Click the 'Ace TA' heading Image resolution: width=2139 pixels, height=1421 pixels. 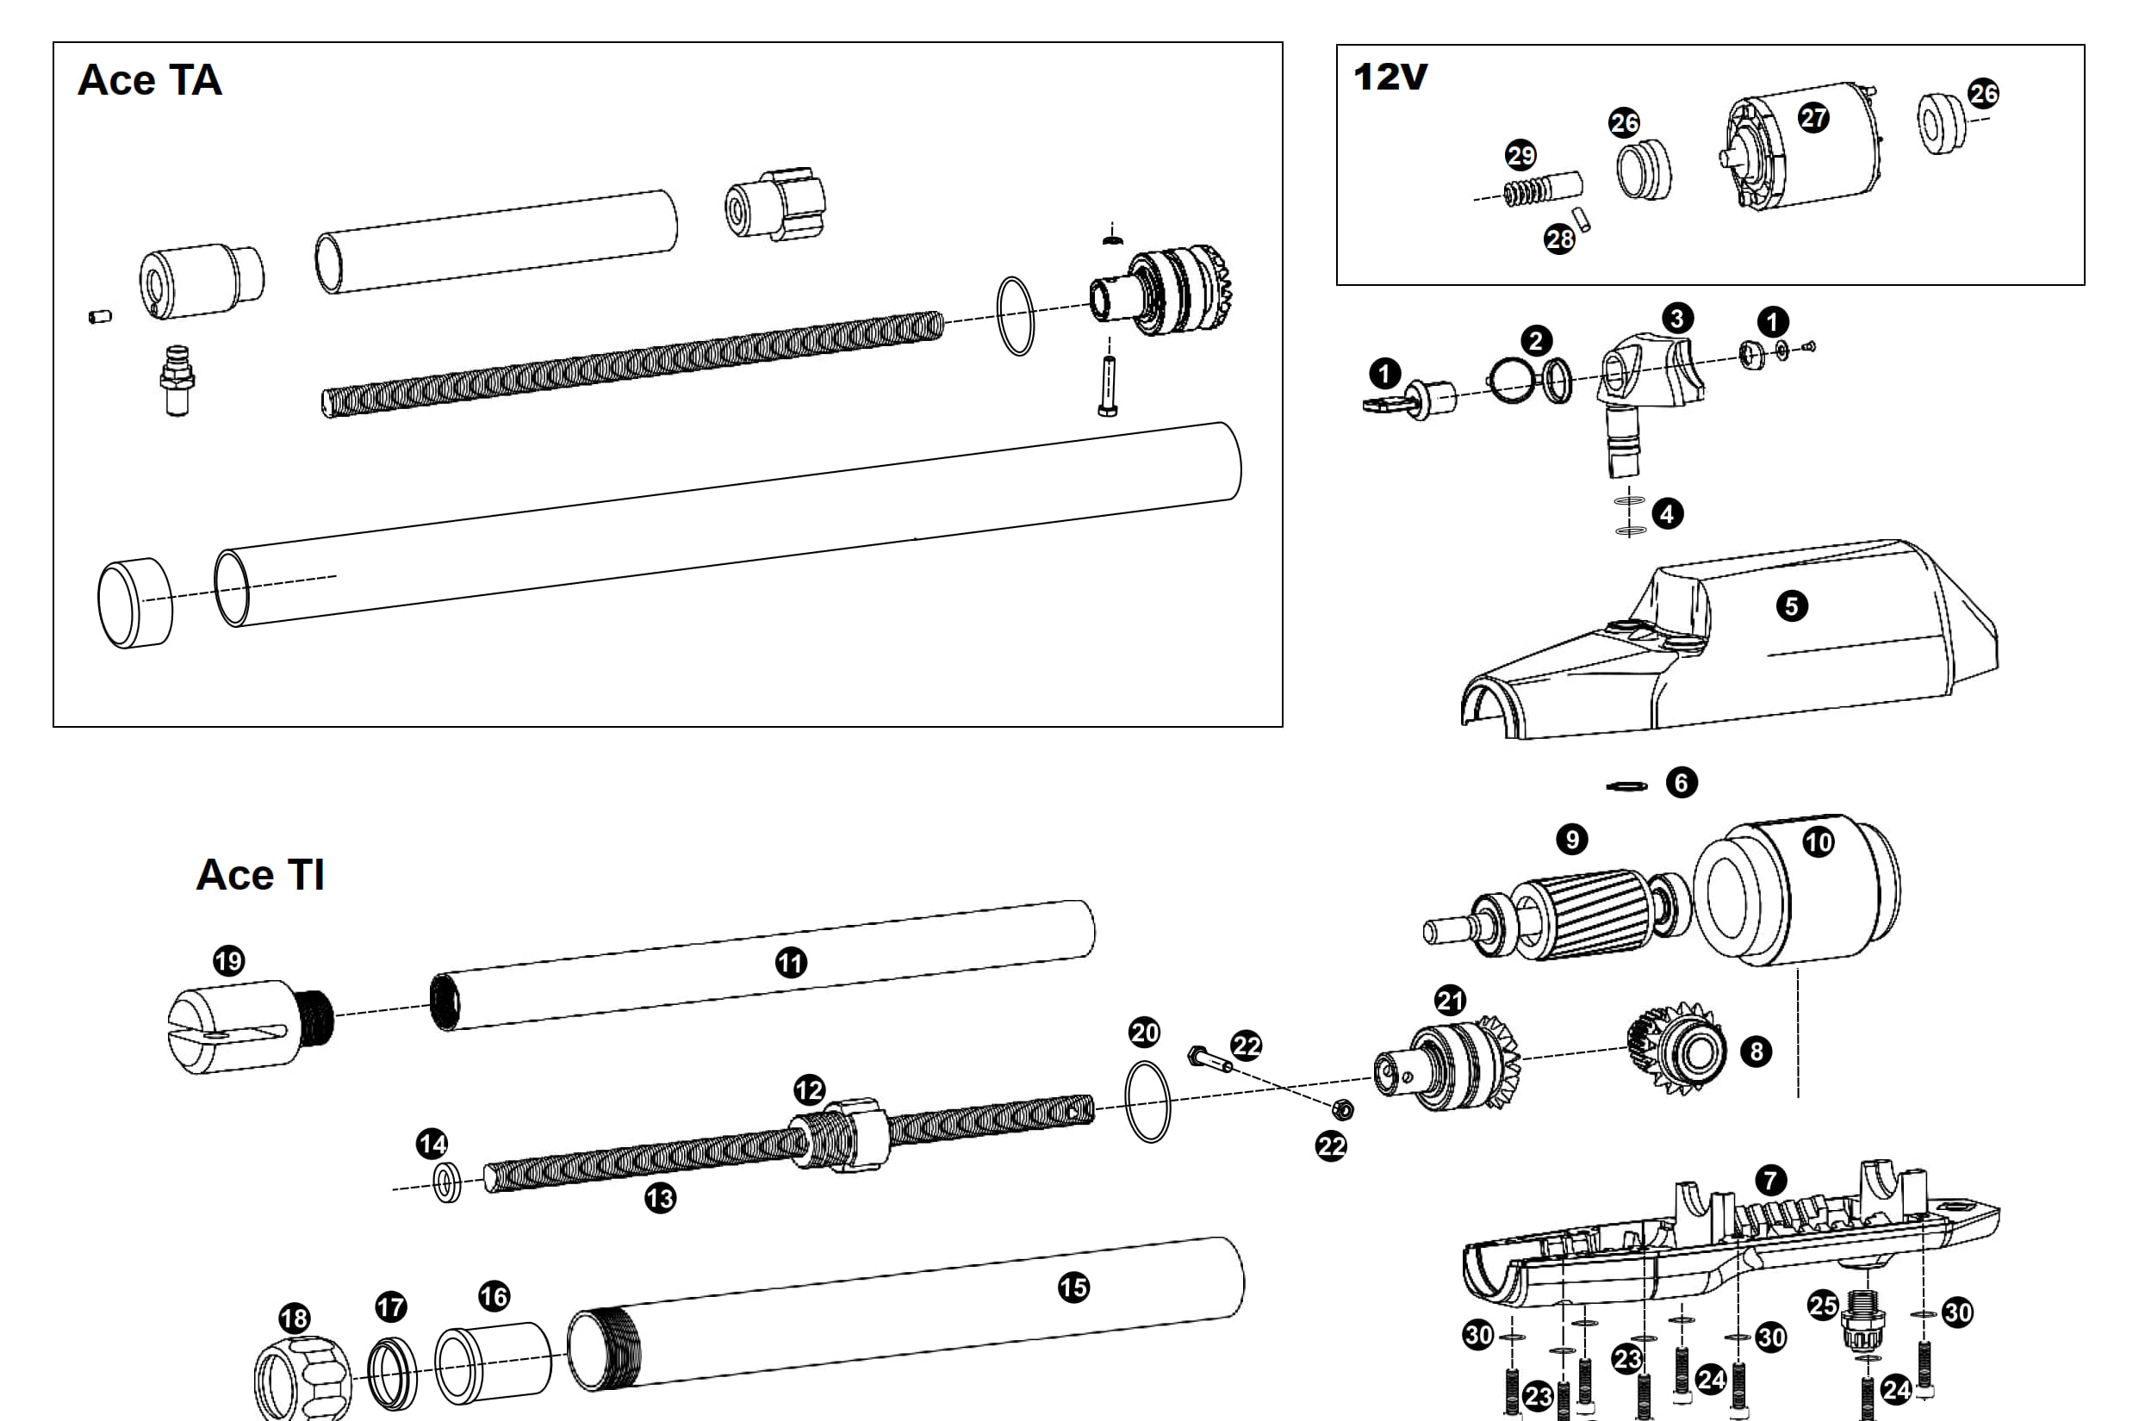point(150,80)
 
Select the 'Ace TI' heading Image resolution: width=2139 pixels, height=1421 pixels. point(260,874)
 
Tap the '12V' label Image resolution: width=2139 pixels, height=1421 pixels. point(1390,77)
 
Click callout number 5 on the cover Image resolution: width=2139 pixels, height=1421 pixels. point(1791,605)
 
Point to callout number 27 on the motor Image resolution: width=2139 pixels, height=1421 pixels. point(1813,117)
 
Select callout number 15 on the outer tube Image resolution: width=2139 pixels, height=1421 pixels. point(1073,1287)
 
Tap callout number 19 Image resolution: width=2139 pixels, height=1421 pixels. point(228,959)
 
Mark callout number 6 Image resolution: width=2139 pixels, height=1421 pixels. point(1682,782)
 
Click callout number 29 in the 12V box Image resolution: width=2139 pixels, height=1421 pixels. point(1520,155)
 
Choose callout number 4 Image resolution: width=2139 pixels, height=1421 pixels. point(1667,514)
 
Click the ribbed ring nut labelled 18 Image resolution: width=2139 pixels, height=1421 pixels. point(302,1380)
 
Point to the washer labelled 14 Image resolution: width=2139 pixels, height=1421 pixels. point(447,1183)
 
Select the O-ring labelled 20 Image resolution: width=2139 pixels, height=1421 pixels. point(1147,1101)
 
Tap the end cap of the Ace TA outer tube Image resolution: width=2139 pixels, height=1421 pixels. point(134,603)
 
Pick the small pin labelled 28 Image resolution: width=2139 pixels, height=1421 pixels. point(1581,219)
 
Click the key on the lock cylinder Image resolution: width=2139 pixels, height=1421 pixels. point(1385,404)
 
